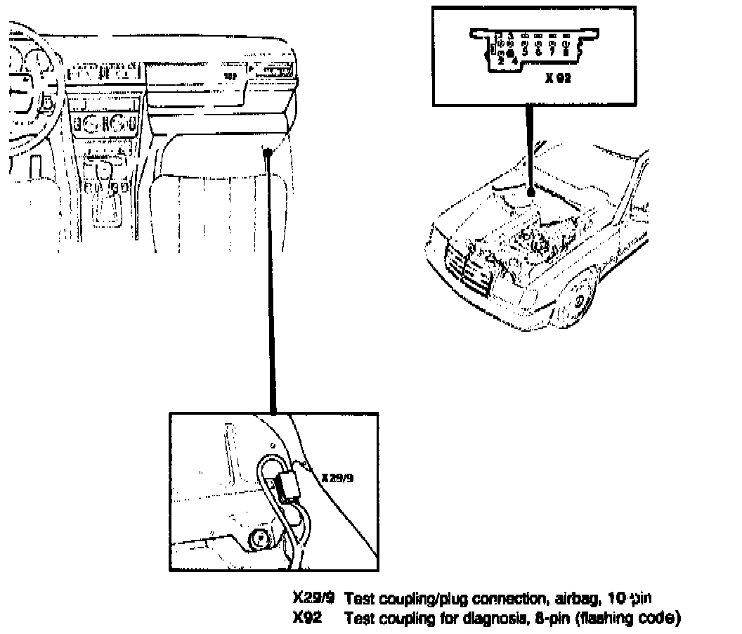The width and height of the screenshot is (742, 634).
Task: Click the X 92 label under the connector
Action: pos(558,79)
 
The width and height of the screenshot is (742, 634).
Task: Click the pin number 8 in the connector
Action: pos(565,51)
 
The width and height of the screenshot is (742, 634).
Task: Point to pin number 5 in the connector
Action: pos(525,51)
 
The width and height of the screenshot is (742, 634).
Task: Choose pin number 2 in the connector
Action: pos(500,60)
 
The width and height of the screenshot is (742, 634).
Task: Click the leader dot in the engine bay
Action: pos(531,190)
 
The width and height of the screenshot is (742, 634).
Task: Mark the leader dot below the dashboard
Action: pos(268,152)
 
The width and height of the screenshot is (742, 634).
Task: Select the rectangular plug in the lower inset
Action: pos(287,485)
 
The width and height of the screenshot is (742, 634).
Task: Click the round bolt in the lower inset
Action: pos(259,540)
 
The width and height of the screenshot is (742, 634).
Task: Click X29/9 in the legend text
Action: pos(313,598)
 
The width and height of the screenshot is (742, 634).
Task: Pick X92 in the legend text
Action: pos(306,619)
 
